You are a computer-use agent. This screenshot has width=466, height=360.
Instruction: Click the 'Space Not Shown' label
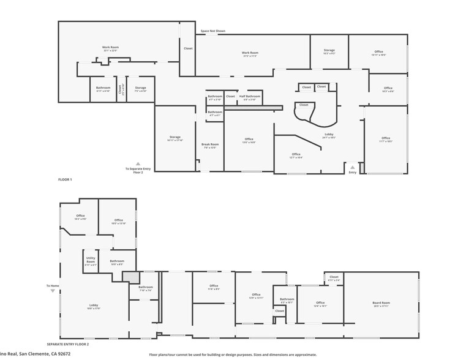click(x=212, y=31)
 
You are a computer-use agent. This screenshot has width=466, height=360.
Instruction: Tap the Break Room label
click(x=209, y=146)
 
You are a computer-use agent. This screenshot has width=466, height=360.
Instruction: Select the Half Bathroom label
click(x=249, y=97)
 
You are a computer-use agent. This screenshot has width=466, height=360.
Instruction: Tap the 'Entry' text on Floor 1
click(x=352, y=173)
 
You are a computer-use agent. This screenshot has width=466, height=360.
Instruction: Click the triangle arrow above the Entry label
click(x=352, y=166)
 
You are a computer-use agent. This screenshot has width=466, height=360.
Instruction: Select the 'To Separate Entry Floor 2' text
click(x=138, y=171)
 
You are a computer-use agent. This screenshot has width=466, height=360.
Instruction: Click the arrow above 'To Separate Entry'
click(x=138, y=163)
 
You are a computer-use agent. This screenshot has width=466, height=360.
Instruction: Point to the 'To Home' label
click(x=53, y=285)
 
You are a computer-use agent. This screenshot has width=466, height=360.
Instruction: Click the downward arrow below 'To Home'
click(x=53, y=291)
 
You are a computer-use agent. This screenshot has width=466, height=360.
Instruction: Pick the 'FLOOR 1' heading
click(x=64, y=179)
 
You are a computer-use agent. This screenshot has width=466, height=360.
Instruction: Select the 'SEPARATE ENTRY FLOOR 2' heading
click(x=68, y=345)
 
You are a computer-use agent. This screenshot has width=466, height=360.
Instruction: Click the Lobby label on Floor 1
click(x=329, y=135)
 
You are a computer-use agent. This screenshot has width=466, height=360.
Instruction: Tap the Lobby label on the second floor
click(x=94, y=306)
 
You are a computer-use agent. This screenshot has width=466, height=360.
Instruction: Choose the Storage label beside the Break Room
click(x=175, y=137)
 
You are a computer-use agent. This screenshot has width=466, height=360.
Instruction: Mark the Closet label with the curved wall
click(x=304, y=105)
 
